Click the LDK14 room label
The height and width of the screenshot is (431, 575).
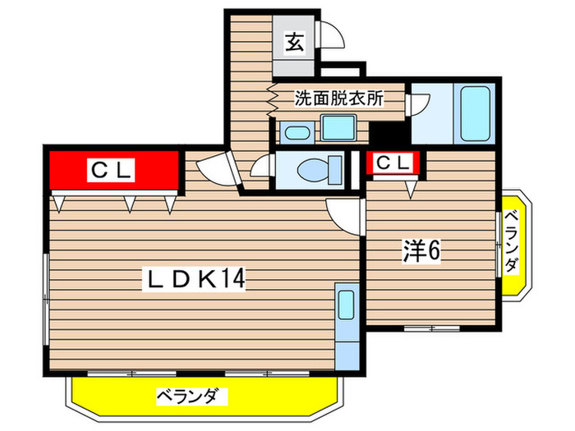[195, 280]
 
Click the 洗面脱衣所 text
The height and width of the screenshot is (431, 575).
[339, 99]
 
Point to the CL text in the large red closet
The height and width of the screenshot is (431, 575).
[112, 171]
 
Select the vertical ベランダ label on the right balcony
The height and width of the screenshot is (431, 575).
[512, 244]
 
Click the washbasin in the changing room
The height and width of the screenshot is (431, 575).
[336, 127]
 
